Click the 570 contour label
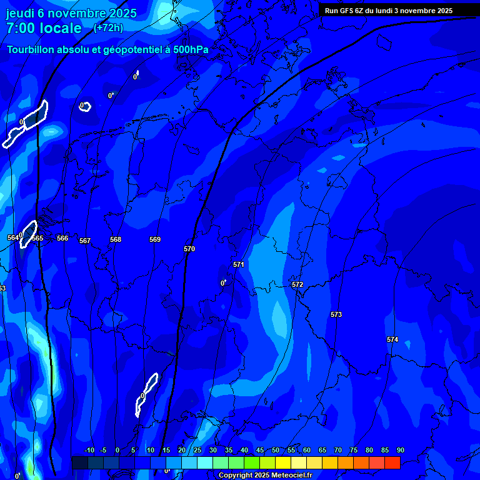[189, 249]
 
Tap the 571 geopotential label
[239, 264]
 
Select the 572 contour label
[297, 284]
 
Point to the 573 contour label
[336, 314]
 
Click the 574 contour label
[392, 339]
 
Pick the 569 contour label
[155, 239]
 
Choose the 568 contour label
[116, 239]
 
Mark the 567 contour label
[85, 241]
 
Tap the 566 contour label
[62, 238]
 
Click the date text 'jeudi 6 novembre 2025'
[71, 13]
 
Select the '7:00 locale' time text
[44, 28]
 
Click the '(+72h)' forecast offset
[108, 27]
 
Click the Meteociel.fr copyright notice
[265, 476]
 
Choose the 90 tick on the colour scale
[400, 450]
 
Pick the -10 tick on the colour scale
[88, 450]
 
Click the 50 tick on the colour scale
[276, 450]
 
